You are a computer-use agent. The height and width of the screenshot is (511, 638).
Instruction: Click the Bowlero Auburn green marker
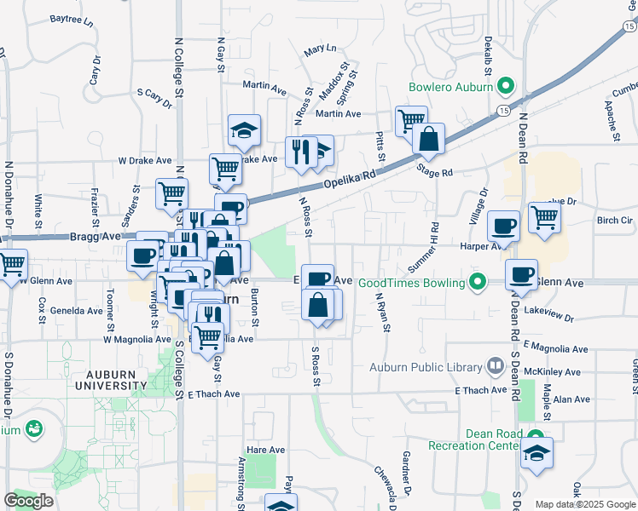point(505,86)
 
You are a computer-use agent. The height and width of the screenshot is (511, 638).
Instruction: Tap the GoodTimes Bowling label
point(411,283)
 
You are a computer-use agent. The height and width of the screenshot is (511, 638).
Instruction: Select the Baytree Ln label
point(71,18)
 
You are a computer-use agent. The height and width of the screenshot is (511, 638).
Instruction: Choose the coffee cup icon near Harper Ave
point(503,226)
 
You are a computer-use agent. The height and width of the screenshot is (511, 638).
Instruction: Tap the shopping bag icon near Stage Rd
point(428,138)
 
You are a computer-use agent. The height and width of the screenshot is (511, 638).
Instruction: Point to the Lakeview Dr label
point(549,315)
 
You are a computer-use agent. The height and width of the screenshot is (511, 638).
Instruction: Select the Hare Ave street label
point(264,449)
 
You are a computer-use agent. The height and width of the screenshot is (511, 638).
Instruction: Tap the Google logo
point(29,501)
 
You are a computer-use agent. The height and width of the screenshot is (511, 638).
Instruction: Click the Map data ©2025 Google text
point(584,504)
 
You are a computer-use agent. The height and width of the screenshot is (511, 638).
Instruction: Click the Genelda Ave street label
point(76,311)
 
